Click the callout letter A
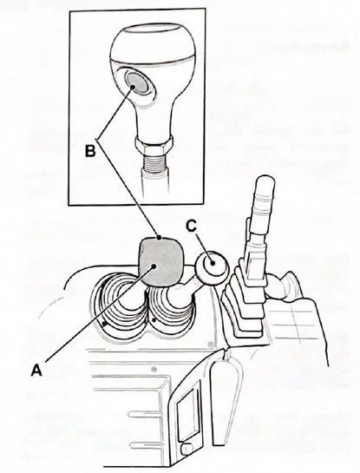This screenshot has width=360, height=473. [36, 368]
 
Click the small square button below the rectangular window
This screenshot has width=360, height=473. [184, 450]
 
